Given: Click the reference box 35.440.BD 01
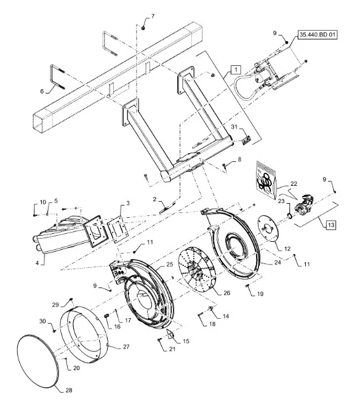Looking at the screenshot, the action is (x=318, y=34).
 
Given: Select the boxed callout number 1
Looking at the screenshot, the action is (x=236, y=70).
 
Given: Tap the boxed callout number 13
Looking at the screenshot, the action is (x=331, y=225).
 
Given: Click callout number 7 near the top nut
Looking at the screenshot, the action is (x=153, y=17).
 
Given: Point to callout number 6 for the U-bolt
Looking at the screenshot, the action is (x=42, y=91).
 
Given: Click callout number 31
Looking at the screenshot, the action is (x=234, y=127).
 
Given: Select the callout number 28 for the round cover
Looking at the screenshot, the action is (x=69, y=390).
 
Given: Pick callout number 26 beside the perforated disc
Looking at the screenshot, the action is (x=226, y=293).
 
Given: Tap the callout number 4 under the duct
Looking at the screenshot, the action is (x=38, y=263).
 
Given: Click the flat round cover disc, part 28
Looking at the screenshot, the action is (x=38, y=359).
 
